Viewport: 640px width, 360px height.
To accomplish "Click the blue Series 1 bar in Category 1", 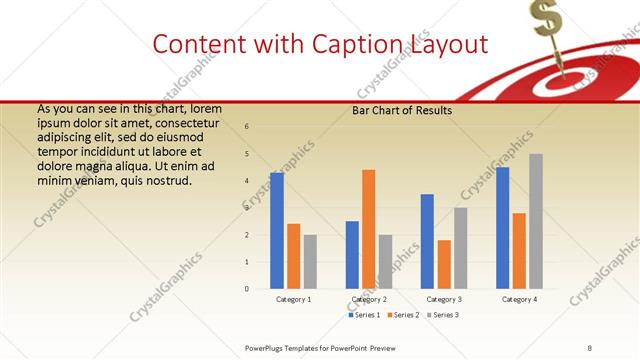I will coord(276,231).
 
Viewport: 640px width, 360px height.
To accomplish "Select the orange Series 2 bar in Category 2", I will coord(368,229).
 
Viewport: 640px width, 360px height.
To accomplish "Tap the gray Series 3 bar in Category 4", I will coord(536,221).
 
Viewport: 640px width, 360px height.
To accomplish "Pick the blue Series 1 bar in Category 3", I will coord(427,241).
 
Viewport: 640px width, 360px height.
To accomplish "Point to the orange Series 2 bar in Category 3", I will coord(444,264).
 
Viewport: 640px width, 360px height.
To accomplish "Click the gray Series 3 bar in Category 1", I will coord(310,262).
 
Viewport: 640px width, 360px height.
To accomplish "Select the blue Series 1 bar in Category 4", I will coord(502,228).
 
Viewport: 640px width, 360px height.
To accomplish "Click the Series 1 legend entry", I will coord(363,315).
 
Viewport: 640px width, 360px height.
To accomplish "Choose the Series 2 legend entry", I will coord(403,315).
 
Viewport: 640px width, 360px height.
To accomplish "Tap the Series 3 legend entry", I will coord(443,315).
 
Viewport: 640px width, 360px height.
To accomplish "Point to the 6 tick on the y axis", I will coord(247,126).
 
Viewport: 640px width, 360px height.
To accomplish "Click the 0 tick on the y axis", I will coord(247,289).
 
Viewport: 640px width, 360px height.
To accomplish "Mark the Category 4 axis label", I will coord(519,299).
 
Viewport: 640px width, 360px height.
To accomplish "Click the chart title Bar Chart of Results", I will coord(402,110).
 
